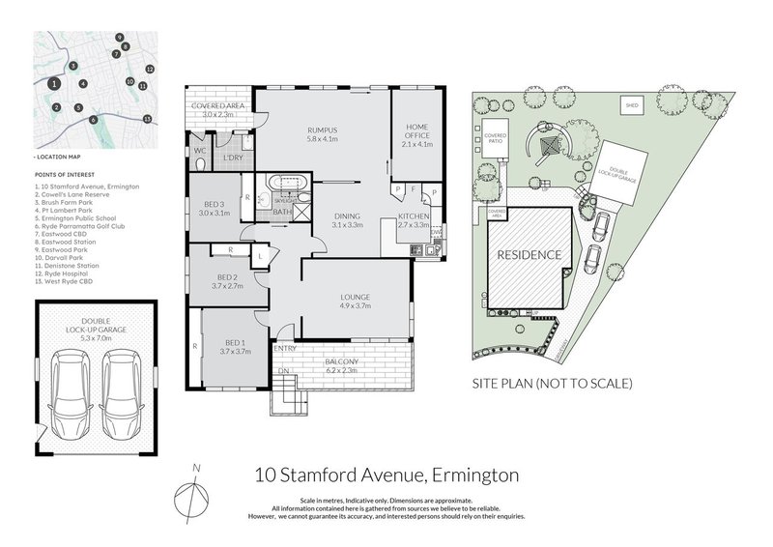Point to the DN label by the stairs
[283, 370]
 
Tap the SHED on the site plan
[632, 104]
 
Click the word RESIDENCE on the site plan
[529, 256]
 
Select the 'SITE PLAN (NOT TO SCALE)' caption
[551, 384]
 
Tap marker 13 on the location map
[147, 118]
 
